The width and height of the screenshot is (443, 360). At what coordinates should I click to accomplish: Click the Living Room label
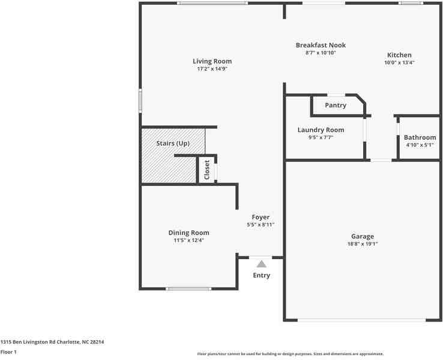[212, 61]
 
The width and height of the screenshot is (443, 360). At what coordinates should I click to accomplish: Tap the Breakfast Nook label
[321, 45]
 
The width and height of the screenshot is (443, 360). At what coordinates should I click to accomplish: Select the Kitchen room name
[399, 55]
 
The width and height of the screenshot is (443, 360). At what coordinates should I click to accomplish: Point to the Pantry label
[336, 106]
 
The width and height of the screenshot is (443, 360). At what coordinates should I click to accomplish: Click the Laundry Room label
[321, 130]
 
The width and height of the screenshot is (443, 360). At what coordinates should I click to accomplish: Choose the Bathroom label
[420, 137]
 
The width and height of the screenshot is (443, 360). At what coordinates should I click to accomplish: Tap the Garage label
[363, 236]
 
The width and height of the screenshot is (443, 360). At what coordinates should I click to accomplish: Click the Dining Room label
[188, 233]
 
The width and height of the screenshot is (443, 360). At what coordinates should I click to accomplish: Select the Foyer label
[261, 217]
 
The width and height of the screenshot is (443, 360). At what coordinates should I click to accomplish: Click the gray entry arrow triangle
[261, 263]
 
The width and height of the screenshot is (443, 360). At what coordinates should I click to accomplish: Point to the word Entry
[261, 275]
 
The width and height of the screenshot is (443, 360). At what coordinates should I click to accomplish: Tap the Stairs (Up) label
[173, 144]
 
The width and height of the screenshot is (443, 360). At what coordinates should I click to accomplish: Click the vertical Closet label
[207, 170]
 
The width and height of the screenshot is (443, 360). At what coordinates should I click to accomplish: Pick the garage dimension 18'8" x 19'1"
[363, 244]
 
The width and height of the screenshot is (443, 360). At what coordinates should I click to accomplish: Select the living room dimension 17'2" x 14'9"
[212, 69]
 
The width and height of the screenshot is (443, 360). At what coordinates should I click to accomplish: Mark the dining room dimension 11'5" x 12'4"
[188, 241]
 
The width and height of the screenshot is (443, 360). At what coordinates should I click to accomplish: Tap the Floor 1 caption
[8, 352]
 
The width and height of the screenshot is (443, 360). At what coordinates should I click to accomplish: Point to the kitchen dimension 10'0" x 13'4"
[399, 62]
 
